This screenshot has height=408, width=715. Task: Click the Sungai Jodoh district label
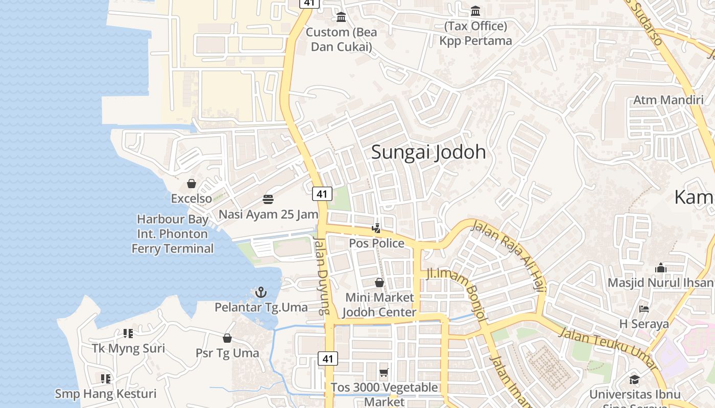428,152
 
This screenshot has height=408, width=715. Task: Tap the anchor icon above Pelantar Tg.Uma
261,292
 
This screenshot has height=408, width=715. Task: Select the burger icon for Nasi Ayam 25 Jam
268,199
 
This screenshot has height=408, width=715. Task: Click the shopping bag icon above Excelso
192,183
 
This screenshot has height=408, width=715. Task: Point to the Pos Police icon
376,228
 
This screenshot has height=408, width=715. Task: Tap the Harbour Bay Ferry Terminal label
173,234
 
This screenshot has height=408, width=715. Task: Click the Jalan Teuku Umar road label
608,350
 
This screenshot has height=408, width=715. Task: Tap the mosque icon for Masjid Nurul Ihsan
661,268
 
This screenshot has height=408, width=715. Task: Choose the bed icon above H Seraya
643,309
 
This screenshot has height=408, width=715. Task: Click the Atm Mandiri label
668,100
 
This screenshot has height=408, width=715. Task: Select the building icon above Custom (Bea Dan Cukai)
341,17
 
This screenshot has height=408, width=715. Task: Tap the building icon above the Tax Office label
475,11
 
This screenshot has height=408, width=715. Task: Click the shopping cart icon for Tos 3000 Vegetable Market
384,373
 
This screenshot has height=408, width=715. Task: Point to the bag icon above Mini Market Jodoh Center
379,282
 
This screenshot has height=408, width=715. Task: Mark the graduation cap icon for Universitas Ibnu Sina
634,379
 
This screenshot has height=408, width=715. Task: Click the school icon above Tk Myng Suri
128,334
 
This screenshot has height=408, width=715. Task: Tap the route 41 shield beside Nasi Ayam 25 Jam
321,194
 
